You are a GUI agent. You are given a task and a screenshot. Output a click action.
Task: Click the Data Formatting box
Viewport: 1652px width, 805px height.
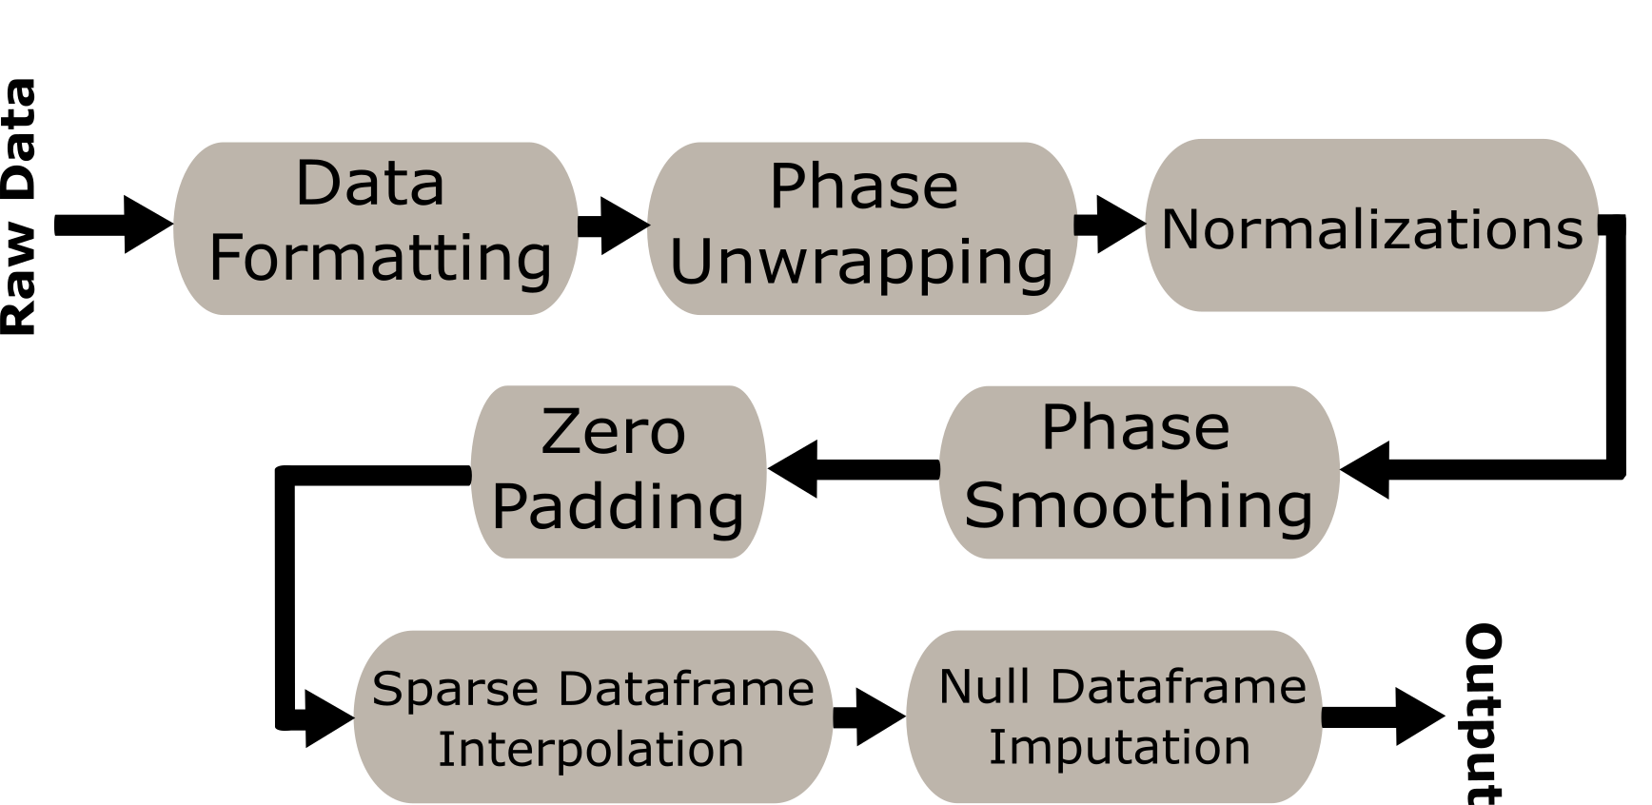[375, 228]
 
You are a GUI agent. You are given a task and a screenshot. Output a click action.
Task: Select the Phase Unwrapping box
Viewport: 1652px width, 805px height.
[862, 228]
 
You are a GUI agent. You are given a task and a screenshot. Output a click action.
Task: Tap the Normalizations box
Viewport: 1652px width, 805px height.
[1371, 226]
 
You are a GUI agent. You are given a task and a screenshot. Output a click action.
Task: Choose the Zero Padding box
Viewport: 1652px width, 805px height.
[619, 472]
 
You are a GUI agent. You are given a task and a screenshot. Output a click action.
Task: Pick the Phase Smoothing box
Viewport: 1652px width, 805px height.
[1139, 472]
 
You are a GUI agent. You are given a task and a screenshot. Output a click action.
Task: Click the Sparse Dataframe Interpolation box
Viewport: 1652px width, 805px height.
[593, 717]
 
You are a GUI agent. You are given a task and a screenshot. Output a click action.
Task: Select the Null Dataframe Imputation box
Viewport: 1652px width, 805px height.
[1114, 717]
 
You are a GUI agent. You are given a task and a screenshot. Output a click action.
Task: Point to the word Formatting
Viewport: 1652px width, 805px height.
[381, 259]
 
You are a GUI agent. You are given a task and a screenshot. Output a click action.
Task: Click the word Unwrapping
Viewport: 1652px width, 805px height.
[862, 263]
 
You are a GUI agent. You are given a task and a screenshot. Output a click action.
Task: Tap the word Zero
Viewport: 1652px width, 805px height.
[614, 432]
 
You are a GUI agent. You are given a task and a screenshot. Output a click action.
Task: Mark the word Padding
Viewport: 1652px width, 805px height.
[619, 506]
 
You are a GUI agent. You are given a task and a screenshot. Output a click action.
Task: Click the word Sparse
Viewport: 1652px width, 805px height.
[455, 689]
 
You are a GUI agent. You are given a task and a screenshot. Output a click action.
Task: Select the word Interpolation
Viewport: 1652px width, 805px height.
[591, 749]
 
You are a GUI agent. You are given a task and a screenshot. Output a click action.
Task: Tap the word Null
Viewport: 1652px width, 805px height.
[984, 686]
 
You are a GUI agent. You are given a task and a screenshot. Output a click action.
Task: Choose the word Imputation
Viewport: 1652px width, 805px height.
[1119, 747]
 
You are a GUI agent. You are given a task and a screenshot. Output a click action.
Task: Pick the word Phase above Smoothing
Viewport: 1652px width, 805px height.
[1135, 428]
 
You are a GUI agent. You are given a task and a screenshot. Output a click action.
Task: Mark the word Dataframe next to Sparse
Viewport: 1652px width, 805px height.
[686, 689]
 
